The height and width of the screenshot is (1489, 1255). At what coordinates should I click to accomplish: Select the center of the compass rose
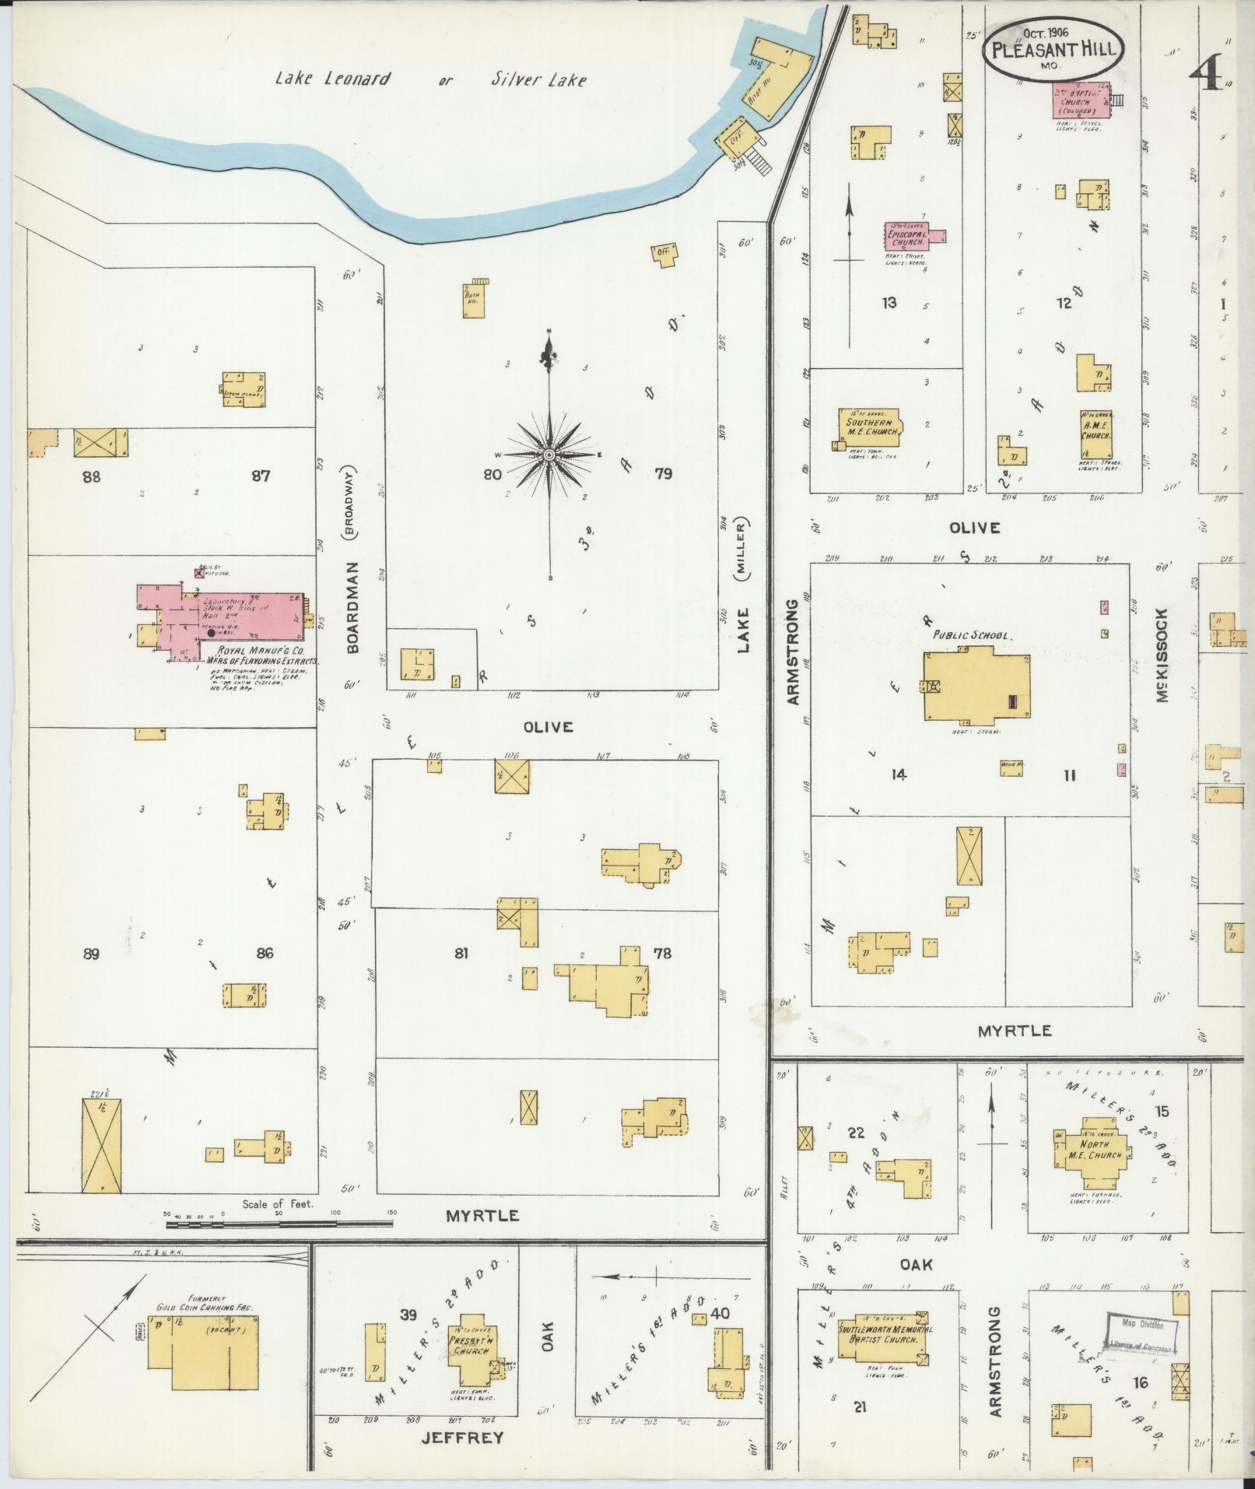(x=549, y=455)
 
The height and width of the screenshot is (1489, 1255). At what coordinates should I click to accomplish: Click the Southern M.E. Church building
(x=870, y=426)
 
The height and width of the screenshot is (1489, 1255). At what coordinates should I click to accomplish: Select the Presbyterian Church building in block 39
(x=471, y=1351)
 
